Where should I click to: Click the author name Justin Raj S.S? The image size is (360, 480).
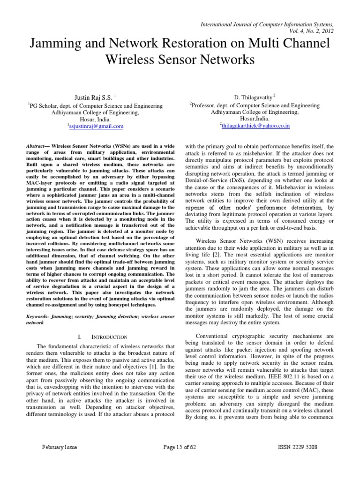point(94,97)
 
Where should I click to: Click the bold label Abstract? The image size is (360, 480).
point(37,147)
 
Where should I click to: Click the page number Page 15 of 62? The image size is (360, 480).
point(180,447)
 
